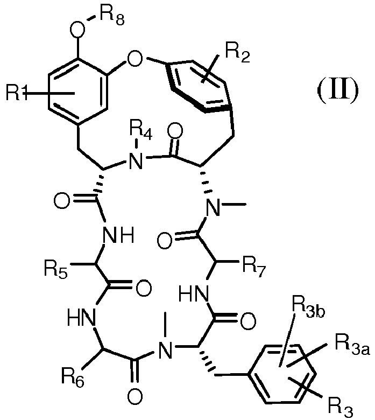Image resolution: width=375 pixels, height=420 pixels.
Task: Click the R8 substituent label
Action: (112, 17)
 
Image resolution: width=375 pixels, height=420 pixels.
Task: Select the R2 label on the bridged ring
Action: (238, 53)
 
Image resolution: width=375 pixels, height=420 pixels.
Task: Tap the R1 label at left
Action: (17, 93)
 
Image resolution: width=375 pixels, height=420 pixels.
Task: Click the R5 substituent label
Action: (56, 269)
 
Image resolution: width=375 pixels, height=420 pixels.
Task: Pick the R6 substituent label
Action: (73, 377)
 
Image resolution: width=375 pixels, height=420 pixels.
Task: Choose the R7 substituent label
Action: (254, 268)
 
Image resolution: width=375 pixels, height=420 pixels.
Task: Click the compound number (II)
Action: (337, 90)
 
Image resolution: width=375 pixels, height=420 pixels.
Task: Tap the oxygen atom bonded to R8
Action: (77, 29)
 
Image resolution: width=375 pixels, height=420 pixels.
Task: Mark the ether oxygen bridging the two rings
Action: (135, 59)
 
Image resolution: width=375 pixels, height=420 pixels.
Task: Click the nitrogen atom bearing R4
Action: (136, 161)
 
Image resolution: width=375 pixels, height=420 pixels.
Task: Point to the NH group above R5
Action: (118, 235)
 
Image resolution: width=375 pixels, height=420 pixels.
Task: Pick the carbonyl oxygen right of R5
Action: (144, 288)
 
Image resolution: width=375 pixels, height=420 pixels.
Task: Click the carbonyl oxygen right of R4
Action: (175, 131)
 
